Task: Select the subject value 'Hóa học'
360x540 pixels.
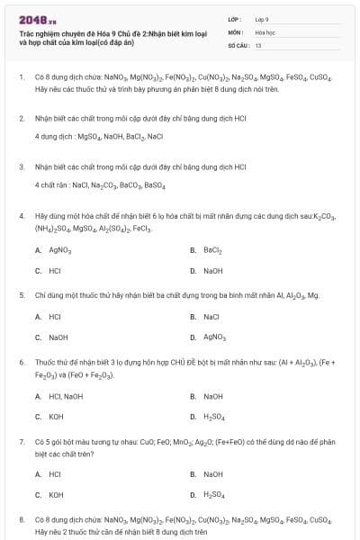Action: click(265, 31)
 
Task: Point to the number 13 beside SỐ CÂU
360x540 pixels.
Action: click(258, 44)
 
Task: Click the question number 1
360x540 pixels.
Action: click(22, 77)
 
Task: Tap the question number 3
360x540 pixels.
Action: click(22, 166)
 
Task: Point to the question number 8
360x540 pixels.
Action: click(22, 519)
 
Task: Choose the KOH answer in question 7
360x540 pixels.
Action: click(56, 495)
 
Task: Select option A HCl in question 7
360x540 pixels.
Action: click(55, 474)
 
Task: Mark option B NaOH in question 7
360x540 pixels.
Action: click(212, 474)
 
